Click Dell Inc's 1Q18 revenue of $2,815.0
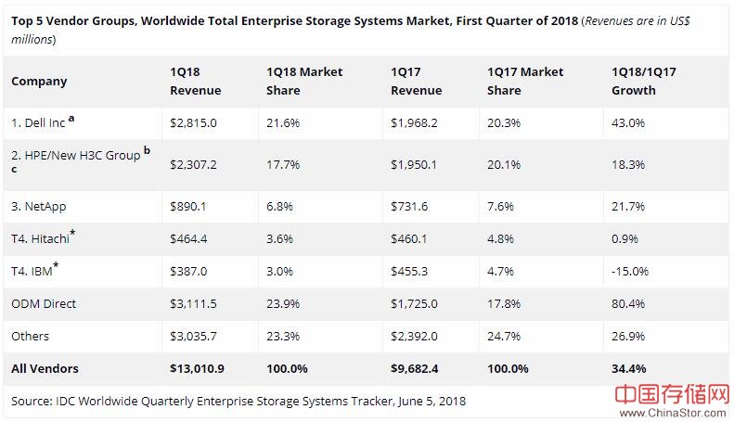[x=193, y=122]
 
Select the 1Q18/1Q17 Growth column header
[x=634, y=81]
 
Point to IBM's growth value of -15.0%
[x=630, y=271]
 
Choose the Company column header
[x=39, y=81]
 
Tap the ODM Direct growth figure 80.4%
[x=628, y=303]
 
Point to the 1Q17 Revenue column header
[x=417, y=81]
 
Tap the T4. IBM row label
[x=32, y=271]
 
